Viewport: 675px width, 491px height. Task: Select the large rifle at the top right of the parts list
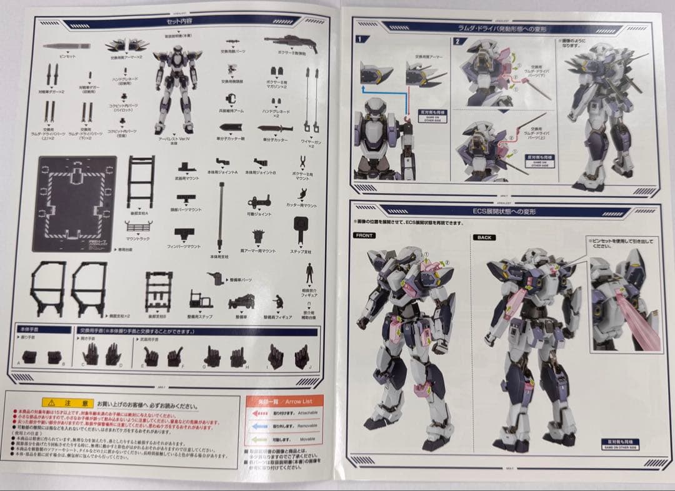pyautogui.click(x=290, y=42)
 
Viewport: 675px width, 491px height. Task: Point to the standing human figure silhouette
pyautogui.click(x=309, y=273)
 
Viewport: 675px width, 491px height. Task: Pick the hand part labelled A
pyautogui.click(x=32, y=357)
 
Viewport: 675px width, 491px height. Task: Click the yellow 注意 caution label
pyautogui.click(x=67, y=404)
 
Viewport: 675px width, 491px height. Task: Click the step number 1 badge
pyautogui.click(x=359, y=39)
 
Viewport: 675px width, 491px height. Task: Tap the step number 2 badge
pyautogui.click(x=457, y=42)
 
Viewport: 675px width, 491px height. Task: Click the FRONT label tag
pyautogui.click(x=364, y=236)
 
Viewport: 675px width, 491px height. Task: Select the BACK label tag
pyautogui.click(x=484, y=237)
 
